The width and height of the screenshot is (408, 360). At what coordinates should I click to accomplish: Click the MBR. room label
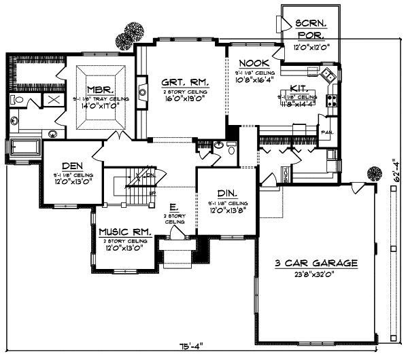96,89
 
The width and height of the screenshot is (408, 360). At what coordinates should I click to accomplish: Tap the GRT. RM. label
184,83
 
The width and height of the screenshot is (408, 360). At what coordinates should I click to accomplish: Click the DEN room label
71,165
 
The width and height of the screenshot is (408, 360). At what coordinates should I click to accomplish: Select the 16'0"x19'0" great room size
184,98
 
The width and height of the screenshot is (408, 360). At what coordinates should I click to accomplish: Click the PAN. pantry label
327,132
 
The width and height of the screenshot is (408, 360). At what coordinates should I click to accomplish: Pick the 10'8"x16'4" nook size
255,79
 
